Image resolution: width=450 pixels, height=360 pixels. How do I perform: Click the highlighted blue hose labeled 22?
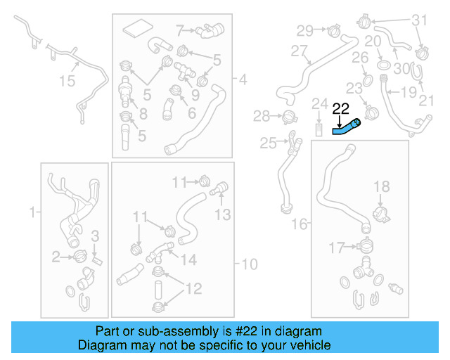[346, 127]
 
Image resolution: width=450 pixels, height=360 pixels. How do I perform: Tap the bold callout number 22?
[340, 108]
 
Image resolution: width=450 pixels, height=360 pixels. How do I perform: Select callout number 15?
[66, 82]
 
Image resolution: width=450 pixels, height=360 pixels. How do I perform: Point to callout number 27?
[300, 51]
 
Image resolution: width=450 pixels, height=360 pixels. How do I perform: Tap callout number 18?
[381, 186]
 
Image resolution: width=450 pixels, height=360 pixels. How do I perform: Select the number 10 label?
[249, 264]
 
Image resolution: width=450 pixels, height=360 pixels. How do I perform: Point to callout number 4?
[243, 81]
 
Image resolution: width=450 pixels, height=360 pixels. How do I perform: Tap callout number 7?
[179, 30]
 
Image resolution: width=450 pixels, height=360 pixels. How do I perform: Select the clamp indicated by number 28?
[287, 116]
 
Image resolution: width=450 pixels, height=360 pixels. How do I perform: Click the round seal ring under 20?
[384, 65]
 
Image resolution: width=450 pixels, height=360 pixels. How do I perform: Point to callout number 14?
[188, 260]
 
